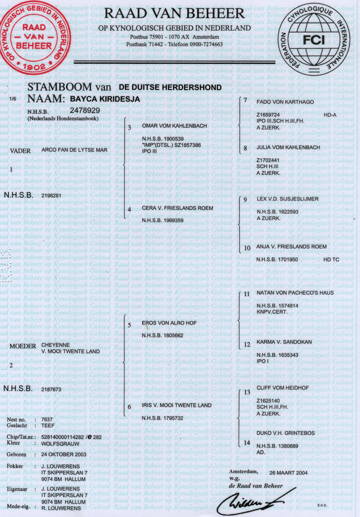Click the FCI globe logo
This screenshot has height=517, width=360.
tap(318, 41)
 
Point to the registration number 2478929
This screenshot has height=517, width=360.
tap(85, 110)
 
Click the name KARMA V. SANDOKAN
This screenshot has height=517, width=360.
tap(282, 342)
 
